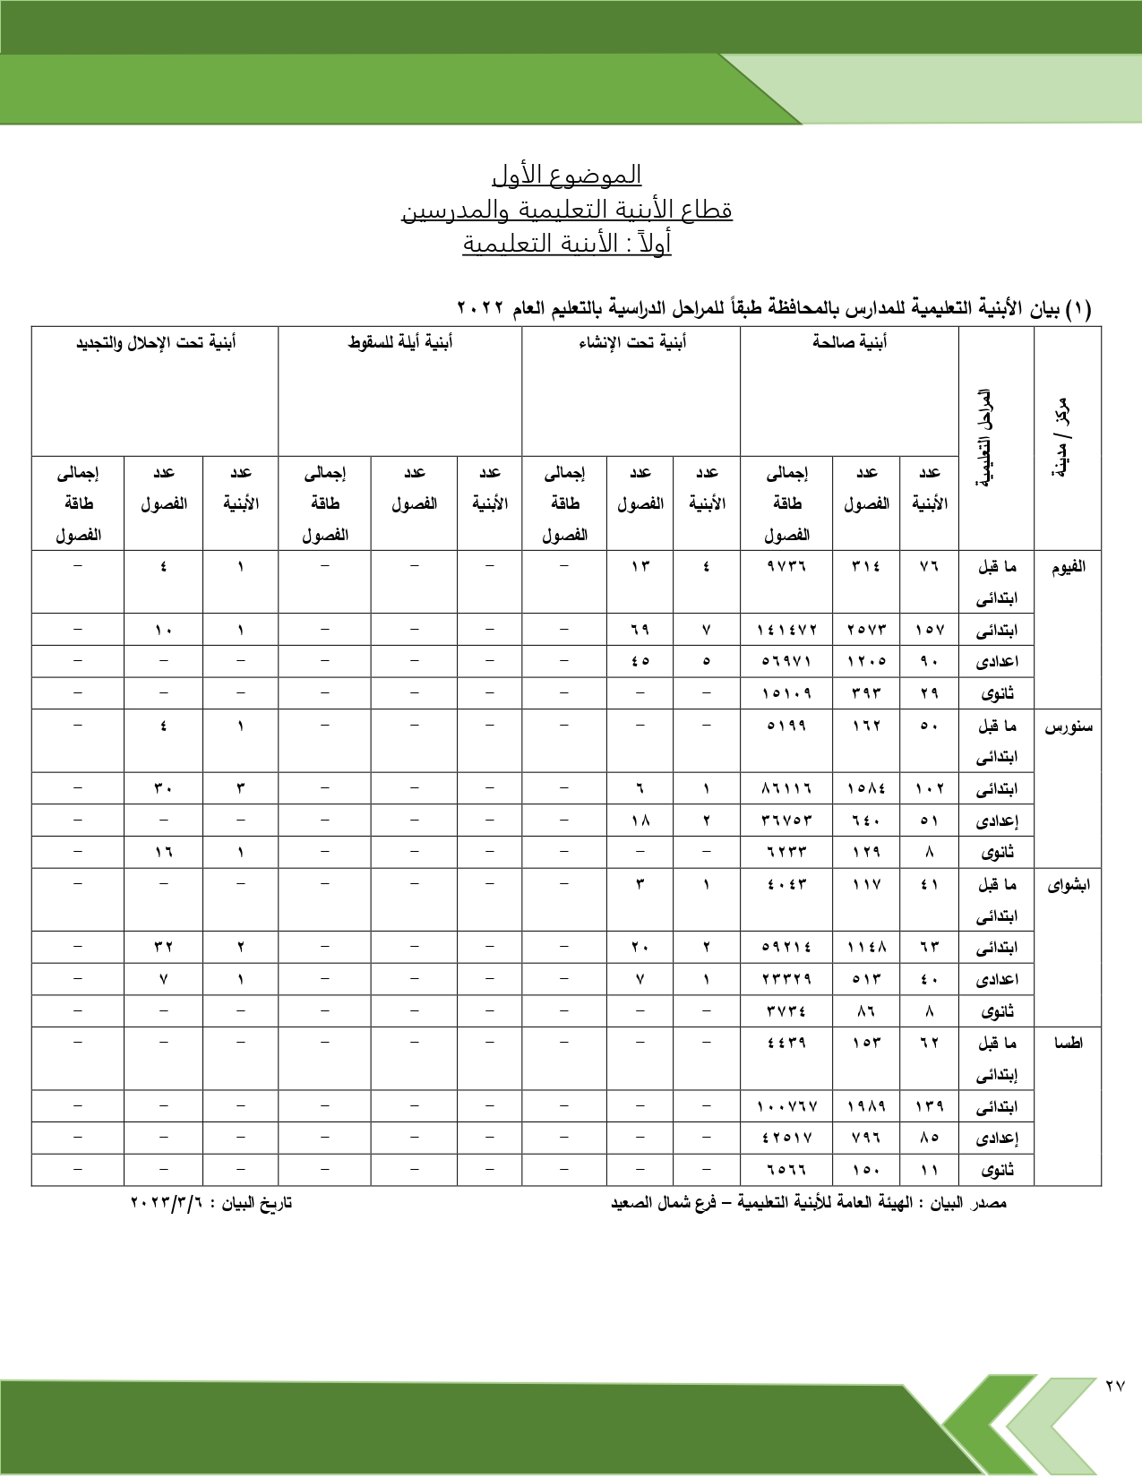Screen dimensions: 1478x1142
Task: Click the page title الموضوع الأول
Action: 566,174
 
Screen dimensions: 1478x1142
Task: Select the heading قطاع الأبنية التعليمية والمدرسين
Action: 566,210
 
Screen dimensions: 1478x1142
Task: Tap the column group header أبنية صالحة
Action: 849,342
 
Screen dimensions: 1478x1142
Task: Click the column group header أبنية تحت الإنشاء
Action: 631,342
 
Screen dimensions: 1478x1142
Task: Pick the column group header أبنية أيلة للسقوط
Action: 399,342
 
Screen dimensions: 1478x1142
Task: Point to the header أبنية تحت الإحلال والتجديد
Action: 155,342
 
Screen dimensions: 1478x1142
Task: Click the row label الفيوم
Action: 1068,566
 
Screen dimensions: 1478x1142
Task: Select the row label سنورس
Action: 1068,726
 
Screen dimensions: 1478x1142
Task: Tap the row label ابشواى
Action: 1068,885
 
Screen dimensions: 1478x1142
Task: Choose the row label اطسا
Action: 1068,1043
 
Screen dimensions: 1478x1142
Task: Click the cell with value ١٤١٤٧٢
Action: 786,630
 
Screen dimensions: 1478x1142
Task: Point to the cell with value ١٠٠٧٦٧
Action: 786,1106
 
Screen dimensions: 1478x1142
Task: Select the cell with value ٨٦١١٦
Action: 786,788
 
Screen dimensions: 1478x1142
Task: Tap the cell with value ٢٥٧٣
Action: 866,630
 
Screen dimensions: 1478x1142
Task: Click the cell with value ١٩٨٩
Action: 866,1106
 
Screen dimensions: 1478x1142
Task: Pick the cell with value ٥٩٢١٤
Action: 786,947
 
